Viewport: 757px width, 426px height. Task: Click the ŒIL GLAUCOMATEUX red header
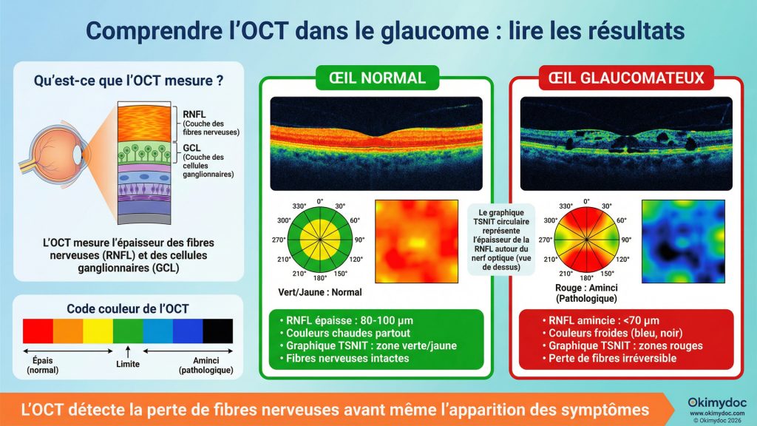tap(625, 78)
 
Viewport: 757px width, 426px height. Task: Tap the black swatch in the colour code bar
tap(218, 331)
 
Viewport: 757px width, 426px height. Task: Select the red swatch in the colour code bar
tap(37, 331)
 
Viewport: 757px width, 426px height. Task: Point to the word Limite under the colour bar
tap(128, 365)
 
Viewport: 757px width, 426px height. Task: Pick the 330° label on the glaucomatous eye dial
tap(566, 206)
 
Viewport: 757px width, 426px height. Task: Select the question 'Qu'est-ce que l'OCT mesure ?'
tap(129, 79)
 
